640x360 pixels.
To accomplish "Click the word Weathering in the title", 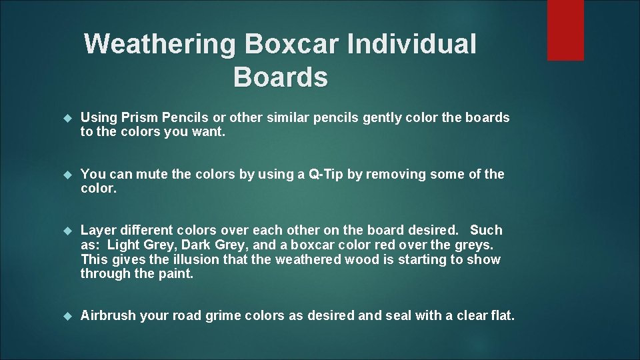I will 160,45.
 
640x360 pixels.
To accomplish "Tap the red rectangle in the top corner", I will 565,30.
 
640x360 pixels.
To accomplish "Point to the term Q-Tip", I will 325,175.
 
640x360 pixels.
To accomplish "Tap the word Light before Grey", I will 123,245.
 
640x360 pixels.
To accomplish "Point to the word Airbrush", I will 107,316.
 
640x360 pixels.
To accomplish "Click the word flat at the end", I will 500,316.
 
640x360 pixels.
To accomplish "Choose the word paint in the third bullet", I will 175,273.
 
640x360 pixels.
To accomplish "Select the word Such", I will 486,231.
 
